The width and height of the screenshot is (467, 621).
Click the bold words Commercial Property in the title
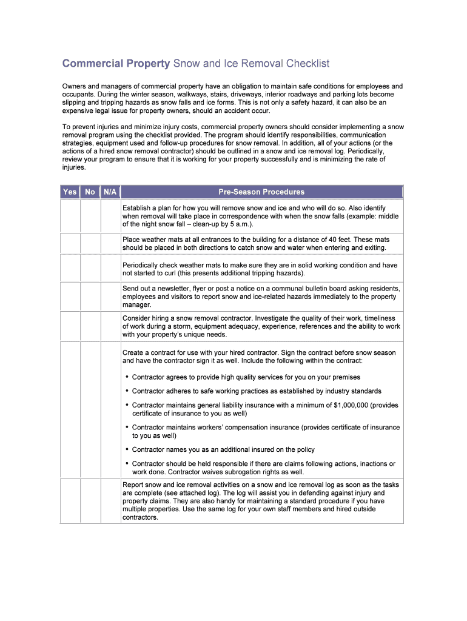(x=117, y=64)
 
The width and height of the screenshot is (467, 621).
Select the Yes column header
(x=70, y=192)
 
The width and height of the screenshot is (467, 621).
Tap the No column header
(x=90, y=192)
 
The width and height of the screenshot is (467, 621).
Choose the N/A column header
(x=110, y=192)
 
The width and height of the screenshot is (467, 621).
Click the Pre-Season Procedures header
(x=261, y=192)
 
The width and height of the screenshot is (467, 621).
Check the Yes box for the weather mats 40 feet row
(x=70, y=243)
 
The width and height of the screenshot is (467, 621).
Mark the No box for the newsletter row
(x=90, y=297)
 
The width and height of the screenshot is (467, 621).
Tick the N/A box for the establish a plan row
(x=110, y=216)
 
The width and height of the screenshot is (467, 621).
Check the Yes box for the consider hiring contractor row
(x=70, y=326)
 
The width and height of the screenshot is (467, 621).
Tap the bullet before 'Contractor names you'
(x=127, y=450)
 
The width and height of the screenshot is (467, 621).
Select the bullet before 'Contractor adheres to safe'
(x=127, y=391)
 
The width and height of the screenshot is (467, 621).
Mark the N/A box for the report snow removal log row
(x=110, y=501)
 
